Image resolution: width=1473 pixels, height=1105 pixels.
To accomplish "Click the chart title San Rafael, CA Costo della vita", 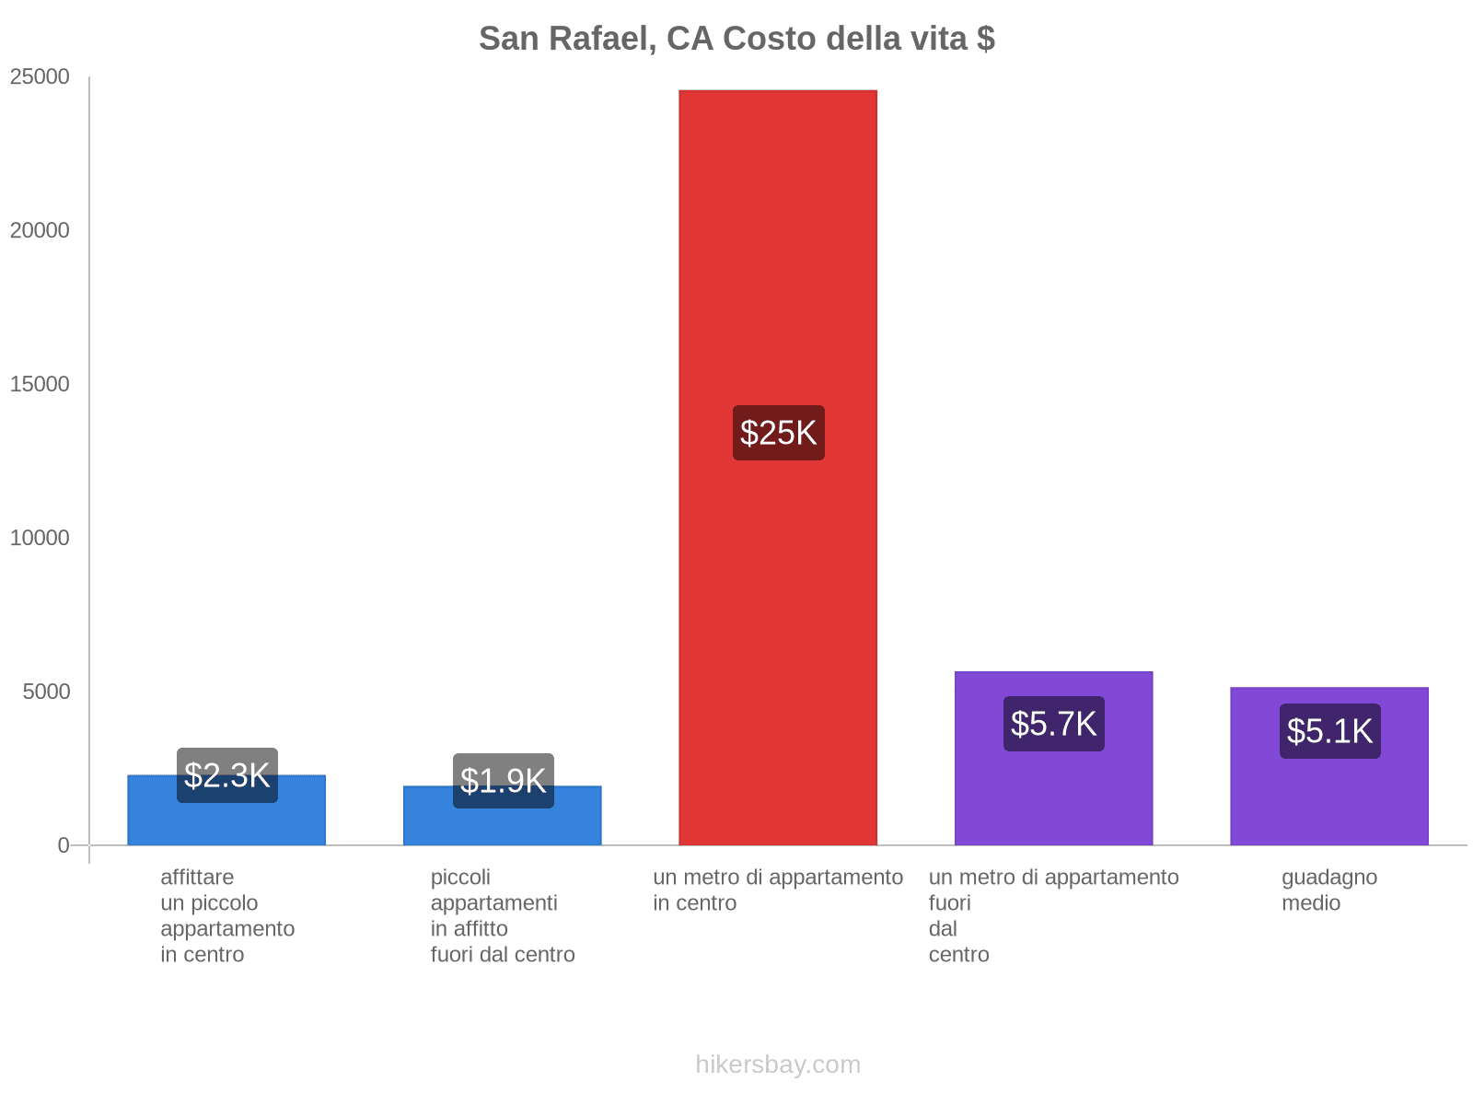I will coord(736,39).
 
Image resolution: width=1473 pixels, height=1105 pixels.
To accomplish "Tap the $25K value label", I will coord(779,433).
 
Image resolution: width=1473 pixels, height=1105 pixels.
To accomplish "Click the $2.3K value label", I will coord(227,775).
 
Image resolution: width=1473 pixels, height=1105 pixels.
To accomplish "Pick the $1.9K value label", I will coord(504,781).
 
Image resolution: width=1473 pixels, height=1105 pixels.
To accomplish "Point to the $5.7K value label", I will coord(1054,724).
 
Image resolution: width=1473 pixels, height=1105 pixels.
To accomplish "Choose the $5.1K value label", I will coord(1330,731).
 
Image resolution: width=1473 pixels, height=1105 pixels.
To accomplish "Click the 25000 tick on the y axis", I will coord(41,77).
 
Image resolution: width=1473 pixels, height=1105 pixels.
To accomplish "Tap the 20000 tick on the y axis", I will coord(41,231).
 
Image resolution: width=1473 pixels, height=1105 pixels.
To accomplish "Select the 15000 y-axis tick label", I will coord(41,385).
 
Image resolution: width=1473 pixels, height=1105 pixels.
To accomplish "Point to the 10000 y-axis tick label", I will coord(41,539).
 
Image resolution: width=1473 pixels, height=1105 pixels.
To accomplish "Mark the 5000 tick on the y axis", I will coord(47,692).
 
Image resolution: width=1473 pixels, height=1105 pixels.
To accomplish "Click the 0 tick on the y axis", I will coord(64,845).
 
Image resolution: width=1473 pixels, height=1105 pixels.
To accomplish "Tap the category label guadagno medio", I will coord(1329,890).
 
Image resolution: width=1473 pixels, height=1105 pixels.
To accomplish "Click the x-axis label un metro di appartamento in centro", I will coord(778,890).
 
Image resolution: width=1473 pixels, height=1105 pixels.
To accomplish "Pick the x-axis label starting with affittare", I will coord(227,916).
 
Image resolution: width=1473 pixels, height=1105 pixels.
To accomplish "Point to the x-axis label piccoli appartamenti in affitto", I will coord(503,916).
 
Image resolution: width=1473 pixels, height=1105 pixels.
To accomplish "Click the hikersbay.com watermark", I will coord(778,1064).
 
